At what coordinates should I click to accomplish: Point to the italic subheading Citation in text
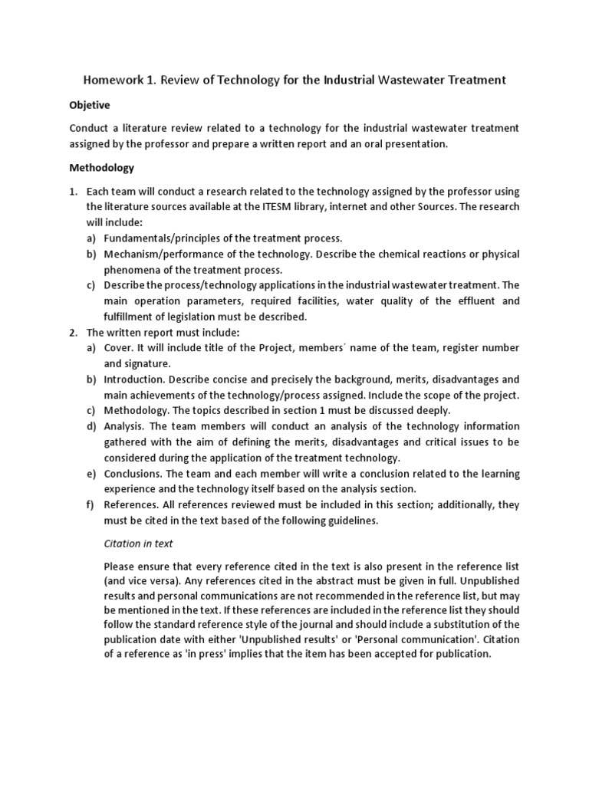click(x=138, y=544)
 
